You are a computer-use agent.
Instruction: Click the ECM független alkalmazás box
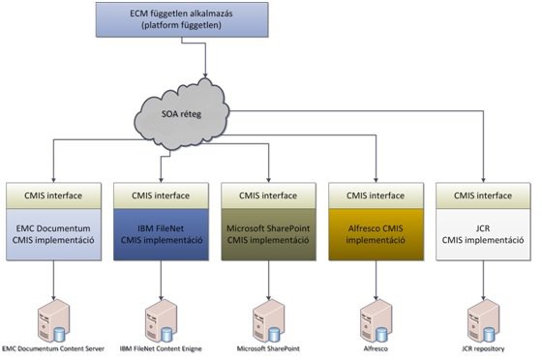182,19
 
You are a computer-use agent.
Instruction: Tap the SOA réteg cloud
182,114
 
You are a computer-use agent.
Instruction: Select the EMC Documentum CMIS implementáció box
53,234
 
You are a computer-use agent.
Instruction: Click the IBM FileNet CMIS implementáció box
161,234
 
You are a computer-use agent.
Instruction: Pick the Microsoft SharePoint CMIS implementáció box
269,234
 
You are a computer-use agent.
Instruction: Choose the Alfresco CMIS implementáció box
376,234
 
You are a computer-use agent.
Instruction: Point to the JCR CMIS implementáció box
483,234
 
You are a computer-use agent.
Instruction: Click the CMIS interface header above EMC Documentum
53,195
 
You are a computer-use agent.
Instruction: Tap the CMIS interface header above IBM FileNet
161,195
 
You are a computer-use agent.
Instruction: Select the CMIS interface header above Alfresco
376,195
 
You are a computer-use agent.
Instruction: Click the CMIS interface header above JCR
483,195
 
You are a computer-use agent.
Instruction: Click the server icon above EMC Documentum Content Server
53,321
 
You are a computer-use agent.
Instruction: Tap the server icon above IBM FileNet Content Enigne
161,321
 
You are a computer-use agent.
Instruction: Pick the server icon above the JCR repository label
483,321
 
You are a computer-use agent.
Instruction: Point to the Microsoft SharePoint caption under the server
268,348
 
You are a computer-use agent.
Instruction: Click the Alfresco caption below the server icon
376,348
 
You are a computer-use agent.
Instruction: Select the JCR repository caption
483,348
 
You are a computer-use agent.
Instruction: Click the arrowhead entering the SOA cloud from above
205,75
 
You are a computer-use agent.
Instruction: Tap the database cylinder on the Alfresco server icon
381,335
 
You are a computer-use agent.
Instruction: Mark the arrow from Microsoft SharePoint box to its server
269,281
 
